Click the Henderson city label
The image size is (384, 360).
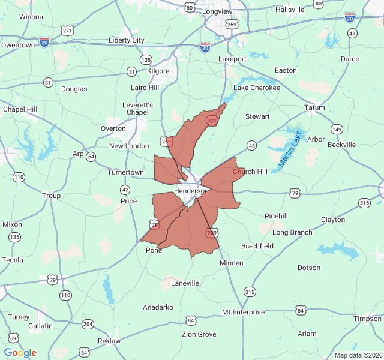pos(191,191)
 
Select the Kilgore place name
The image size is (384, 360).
pos(158,71)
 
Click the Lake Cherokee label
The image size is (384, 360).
pos(256,88)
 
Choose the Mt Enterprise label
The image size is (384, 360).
pos(243,312)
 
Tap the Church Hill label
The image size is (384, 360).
pos(250,172)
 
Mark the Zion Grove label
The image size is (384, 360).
pos(199,334)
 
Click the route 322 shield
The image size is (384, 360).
pos(212,121)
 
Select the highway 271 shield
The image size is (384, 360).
pos(67,31)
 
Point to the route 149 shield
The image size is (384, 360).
pos(336,129)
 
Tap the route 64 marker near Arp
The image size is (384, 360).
pos(91,157)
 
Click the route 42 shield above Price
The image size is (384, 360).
pos(125,190)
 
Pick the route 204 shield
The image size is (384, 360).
pos(88,325)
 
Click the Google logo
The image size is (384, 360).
pos(20,353)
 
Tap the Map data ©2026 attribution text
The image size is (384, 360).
pos(358,355)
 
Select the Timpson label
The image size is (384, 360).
pos(367,319)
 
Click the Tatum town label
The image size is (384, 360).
pos(314,108)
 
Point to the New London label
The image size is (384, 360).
pos(129,146)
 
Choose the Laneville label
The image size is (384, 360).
pos(185,283)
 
